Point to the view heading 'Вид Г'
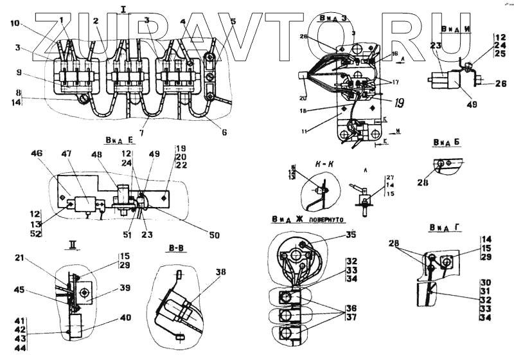[x=441, y=228]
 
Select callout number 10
[x=15, y=24]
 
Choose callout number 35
[x=350, y=235]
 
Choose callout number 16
[x=394, y=55]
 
